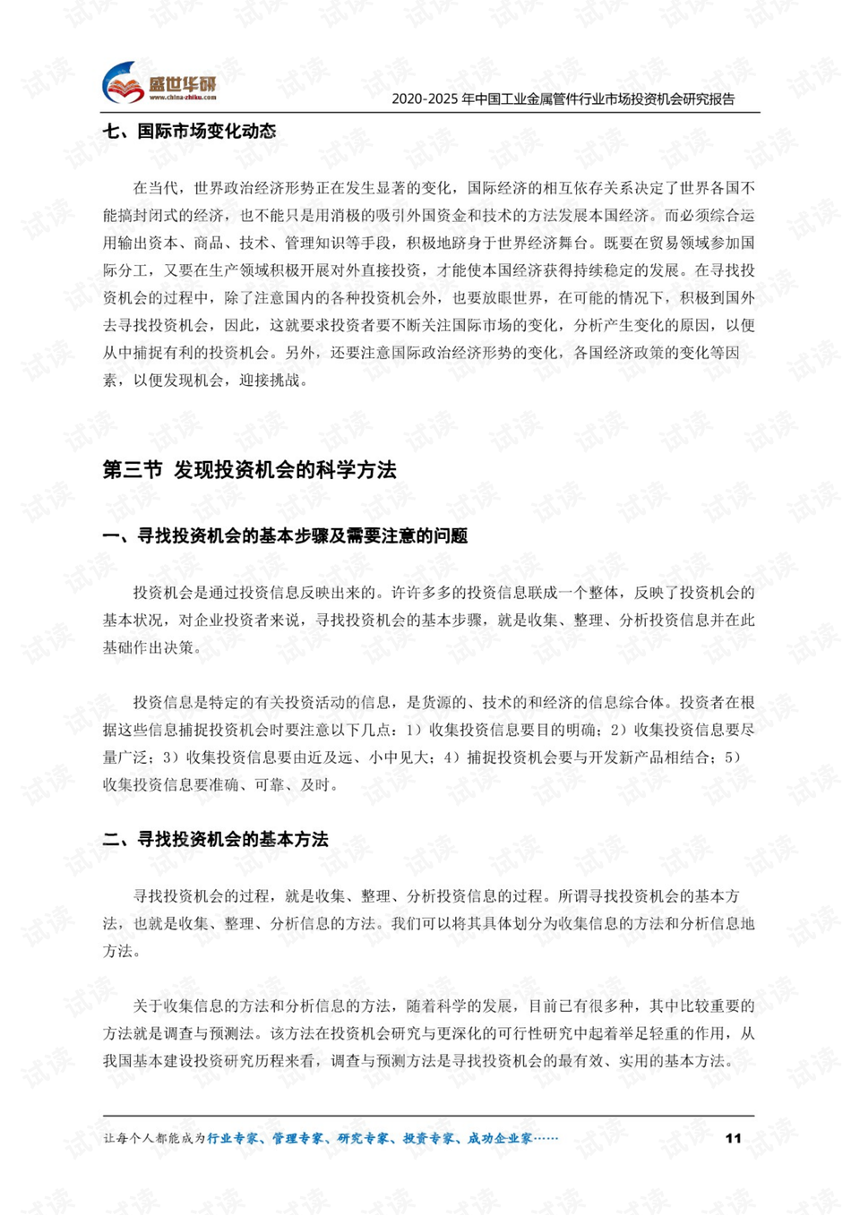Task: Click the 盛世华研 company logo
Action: coord(159,84)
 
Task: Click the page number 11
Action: coord(733,1138)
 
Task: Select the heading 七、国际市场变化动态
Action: coord(189,132)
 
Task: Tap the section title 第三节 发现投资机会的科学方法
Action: coord(249,470)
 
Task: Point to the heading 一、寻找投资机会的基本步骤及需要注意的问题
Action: coord(285,536)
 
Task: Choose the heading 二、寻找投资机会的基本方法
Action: coord(215,839)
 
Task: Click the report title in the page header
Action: coord(563,98)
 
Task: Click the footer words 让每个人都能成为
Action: coord(154,1138)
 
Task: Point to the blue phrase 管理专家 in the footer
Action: coord(298,1138)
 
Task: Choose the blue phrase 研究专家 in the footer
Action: coord(364,1138)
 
